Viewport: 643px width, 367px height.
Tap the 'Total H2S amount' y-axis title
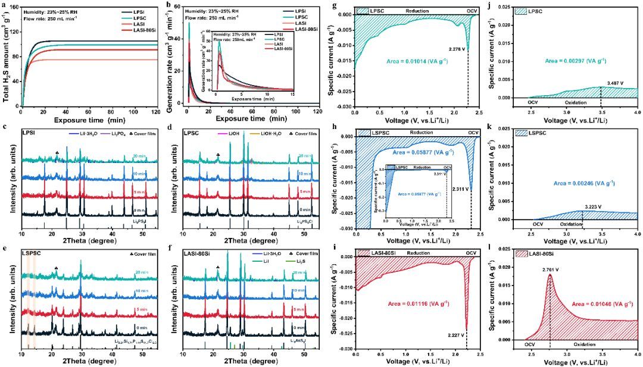click(x=5, y=57)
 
